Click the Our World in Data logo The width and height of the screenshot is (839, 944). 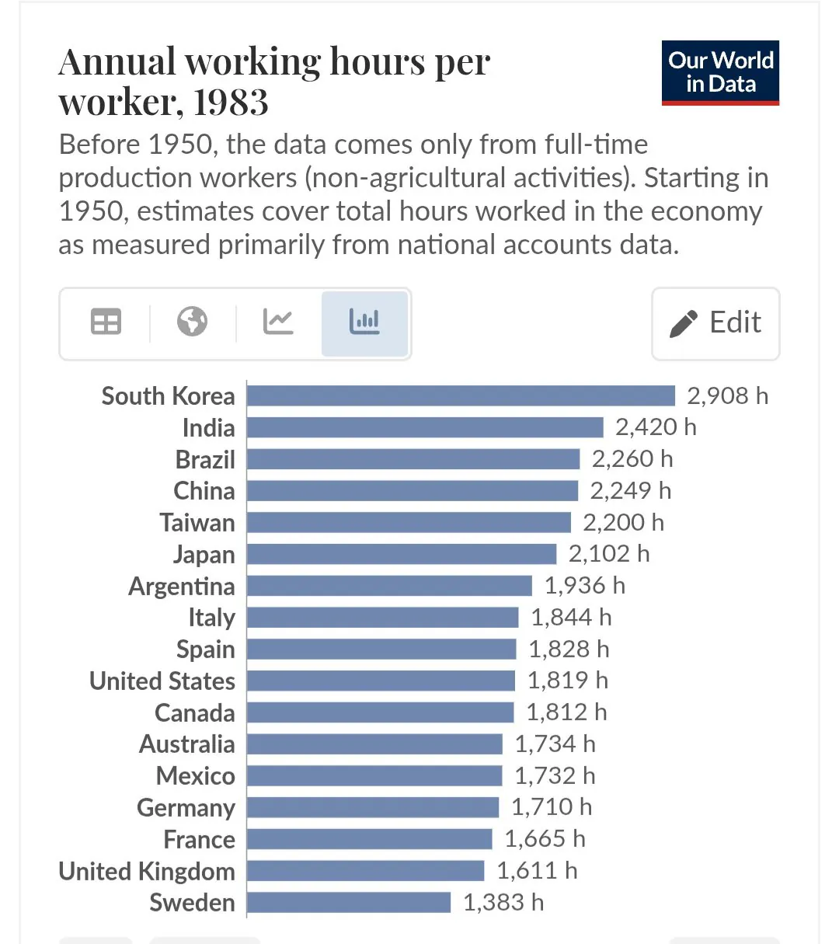tap(720, 72)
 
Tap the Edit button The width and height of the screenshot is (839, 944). tap(715, 323)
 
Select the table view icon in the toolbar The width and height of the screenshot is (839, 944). tap(106, 322)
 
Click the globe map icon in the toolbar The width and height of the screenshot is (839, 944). tap(192, 322)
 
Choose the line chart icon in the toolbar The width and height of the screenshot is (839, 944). tap(278, 322)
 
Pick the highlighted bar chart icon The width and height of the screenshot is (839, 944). tap(364, 322)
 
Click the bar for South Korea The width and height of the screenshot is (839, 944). tap(461, 395)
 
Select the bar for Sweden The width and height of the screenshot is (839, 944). tap(349, 902)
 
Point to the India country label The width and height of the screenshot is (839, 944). tap(208, 427)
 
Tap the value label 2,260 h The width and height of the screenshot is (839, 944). tap(632, 459)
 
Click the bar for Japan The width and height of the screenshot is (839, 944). tap(402, 554)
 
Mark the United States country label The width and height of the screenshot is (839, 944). tap(162, 681)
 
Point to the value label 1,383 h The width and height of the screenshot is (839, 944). tap(503, 902)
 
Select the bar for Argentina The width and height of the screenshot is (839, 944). tap(389, 586)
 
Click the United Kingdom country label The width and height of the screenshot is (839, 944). tap(147, 871)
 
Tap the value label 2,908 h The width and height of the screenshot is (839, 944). tap(727, 395)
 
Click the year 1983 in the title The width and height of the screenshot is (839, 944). tap(231, 102)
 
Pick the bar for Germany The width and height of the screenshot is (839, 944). tap(373, 807)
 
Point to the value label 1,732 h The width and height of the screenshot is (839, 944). tap(555, 775)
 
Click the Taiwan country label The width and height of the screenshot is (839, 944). tap(197, 522)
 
